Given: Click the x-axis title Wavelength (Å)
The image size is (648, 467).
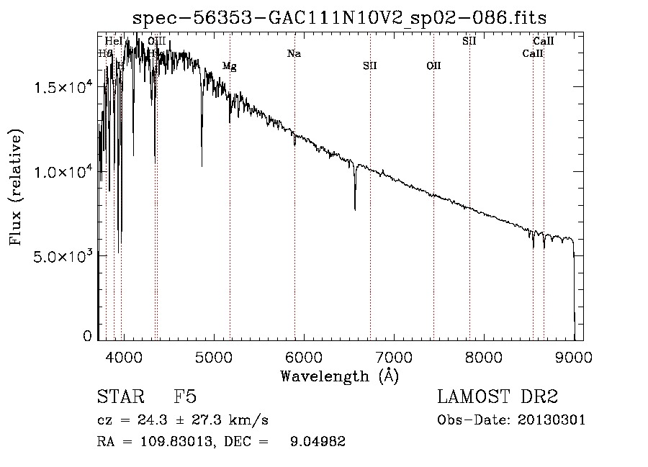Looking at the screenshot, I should pos(339,376).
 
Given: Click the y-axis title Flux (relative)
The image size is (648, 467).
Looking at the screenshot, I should pos(15,187).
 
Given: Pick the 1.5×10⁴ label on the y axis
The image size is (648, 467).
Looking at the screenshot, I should pos(63,88).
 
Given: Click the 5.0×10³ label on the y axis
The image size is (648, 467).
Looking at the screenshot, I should pos(63,256).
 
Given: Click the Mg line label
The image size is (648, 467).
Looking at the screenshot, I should pos(229,66).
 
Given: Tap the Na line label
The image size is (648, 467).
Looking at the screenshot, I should pos(294,53).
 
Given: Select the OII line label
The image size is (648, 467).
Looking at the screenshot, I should pos(433,66).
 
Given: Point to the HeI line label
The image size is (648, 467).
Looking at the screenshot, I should pos(114,41).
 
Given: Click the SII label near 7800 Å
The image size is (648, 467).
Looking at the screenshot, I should pos(469,41).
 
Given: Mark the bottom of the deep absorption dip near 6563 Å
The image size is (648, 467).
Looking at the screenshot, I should pos(355,209).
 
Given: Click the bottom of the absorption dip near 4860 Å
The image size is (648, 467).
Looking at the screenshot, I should pos(202,166).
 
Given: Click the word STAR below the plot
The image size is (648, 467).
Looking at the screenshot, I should pos(119,398).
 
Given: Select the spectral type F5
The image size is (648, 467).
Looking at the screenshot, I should pos(185,398).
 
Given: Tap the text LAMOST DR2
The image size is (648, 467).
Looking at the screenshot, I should pos(498,398).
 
